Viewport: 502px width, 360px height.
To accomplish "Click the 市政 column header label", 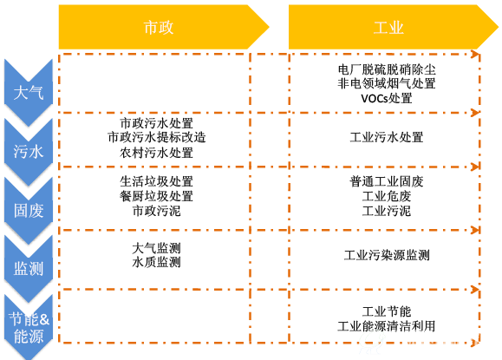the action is (159, 28).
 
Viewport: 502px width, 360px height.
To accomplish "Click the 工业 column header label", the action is (388, 28).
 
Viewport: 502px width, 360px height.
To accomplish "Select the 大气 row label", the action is (28, 93).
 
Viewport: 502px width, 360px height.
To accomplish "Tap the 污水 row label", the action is (28, 152).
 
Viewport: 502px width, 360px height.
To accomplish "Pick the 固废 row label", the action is (28, 211).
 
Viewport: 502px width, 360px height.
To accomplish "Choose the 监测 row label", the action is (28, 269).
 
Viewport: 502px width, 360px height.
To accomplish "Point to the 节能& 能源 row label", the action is (29, 328).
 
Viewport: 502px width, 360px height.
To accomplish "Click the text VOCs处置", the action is (387, 98).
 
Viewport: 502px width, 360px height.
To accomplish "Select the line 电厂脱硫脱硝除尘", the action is (387, 69).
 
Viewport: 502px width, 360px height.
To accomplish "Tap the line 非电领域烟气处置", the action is (387, 83).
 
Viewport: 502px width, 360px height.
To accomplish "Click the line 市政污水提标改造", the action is (157, 137).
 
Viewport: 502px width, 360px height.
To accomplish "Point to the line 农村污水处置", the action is (157, 153).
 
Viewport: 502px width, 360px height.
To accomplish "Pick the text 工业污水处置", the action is (387, 137).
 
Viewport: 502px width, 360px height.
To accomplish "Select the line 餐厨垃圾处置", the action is (157, 196).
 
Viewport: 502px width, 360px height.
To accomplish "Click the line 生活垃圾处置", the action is (157, 181).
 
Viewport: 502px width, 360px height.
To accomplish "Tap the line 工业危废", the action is (387, 196).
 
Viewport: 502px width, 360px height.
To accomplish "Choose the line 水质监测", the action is (157, 262).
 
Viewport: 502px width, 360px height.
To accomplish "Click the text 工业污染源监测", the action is (387, 255).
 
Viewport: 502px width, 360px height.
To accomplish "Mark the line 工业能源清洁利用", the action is (387, 326).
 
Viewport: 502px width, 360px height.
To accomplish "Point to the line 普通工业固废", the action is (387, 181).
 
